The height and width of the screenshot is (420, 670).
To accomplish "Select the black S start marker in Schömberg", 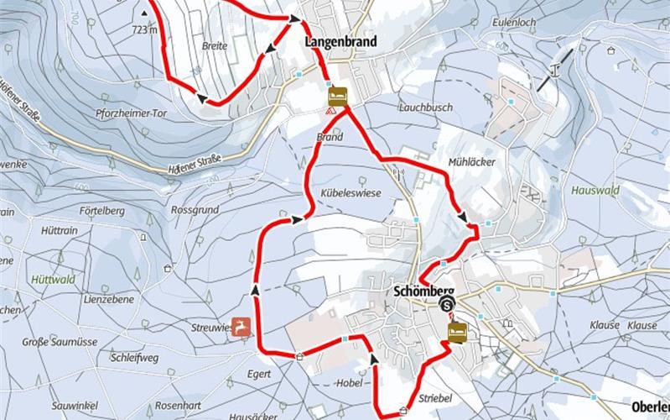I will click(x=448, y=305).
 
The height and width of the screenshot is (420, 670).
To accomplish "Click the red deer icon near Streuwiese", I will click(x=242, y=325).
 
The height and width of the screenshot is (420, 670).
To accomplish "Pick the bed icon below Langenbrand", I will click(x=337, y=93).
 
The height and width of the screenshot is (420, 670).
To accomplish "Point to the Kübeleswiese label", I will click(x=351, y=193).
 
